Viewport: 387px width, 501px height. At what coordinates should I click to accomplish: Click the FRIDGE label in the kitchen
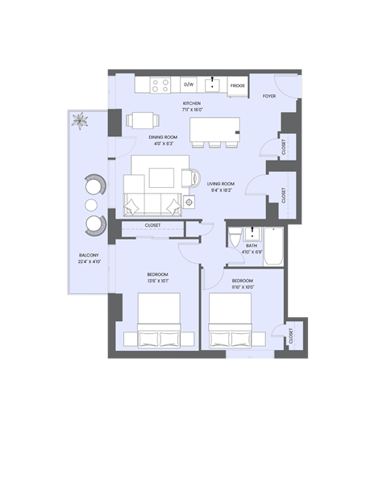pos(237,85)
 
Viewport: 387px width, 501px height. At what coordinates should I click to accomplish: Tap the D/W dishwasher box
pos(189,84)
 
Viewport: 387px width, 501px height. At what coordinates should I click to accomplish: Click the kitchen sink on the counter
pos(214,84)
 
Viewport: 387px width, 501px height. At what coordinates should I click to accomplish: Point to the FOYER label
pos(269,96)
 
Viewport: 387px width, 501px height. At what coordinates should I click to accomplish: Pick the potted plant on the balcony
pos(81,122)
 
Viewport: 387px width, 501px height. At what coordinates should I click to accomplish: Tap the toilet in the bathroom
pos(232,240)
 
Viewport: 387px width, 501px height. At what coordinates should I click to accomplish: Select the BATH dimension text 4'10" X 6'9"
pos(252,253)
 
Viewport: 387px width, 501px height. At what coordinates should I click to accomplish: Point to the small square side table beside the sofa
pos(189,201)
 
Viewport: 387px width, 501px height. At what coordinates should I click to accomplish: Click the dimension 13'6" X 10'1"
pos(158,281)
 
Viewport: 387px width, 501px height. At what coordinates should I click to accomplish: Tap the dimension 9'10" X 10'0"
pos(243,287)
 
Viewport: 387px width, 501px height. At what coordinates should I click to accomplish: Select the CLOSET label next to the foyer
pos(284,147)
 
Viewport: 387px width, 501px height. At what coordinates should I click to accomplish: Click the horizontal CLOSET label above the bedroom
pos(152,225)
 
